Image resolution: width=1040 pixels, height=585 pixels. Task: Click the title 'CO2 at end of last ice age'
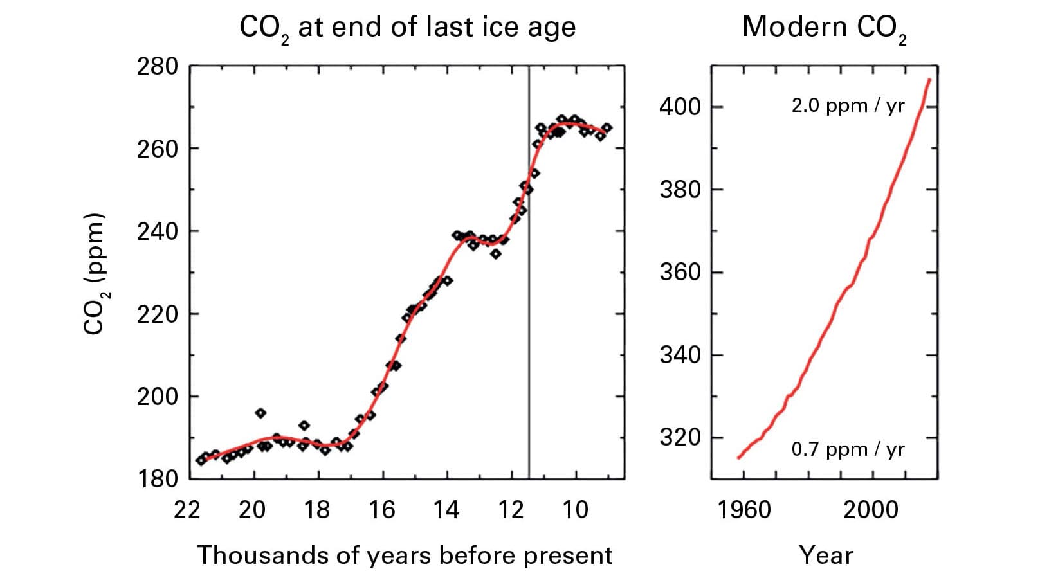click(x=407, y=28)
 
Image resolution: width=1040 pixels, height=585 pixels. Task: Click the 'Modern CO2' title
click(x=824, y=28)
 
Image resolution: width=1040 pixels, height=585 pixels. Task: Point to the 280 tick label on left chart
click(x=157, y=66)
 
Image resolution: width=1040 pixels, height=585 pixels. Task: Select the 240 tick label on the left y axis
click(x=157, y=231)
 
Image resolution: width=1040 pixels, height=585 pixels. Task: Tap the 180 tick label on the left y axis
click(x=157, y=479)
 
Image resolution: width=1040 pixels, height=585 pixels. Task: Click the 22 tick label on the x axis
click(x=187, y=510)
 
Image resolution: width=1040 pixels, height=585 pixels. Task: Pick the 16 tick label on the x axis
click(x=381, y=510)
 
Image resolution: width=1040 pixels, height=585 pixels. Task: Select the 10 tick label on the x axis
click(x=575, y=510)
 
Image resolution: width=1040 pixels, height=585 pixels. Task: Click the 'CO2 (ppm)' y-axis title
click(x=95, y=273)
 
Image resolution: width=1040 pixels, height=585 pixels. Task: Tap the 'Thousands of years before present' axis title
click(x=405, y=555)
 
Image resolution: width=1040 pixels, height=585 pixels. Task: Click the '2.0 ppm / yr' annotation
click(x=848, y=105)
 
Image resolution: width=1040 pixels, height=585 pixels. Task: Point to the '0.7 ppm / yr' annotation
click(x=848, y=449)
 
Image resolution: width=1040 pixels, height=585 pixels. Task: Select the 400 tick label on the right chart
click(x=680, y=107)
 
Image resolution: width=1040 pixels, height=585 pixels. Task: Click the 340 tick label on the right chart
click(x=680, y=355)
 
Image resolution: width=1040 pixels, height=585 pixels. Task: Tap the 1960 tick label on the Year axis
click(x=744, y=510)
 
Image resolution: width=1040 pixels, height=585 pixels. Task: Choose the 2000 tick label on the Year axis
click(x=870, y=510)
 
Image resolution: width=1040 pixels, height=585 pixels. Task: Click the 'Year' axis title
click(x=826, y=555)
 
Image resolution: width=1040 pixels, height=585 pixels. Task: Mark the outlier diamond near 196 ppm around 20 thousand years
click(x=260, y=413)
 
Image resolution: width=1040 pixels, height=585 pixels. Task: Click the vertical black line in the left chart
click(x=529, y=289)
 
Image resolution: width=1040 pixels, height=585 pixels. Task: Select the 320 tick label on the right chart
click(x=680, y=438)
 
